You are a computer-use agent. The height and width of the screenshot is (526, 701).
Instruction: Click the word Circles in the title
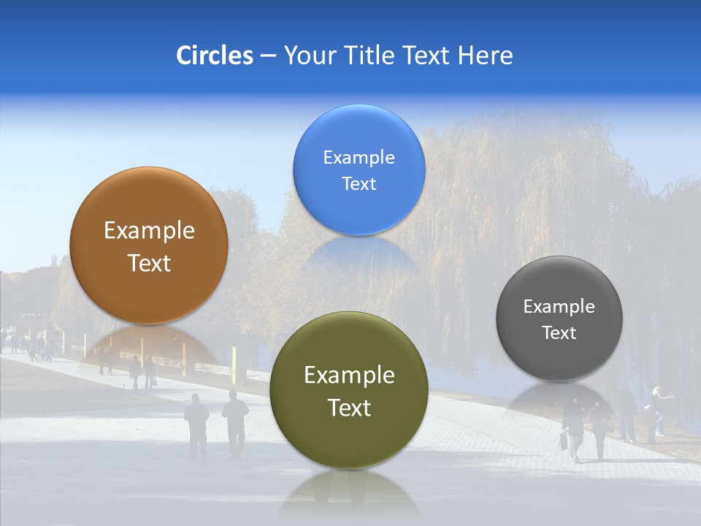pos(215,56)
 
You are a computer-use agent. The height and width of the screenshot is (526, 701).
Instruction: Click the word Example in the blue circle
pos(359,158)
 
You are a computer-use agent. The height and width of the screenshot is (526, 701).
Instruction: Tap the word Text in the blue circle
pos(359,184)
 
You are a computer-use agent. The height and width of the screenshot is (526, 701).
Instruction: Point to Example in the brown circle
pos(149,231)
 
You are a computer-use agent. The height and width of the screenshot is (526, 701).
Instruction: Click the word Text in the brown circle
pos(149,263)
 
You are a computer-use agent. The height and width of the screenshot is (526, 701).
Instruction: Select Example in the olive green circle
pos(348,376)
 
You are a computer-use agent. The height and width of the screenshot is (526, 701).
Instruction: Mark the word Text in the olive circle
pos(348,408)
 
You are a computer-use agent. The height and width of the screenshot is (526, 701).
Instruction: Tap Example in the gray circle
pos(559,307)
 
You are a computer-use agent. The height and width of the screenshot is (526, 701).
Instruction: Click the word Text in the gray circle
pos(559,333)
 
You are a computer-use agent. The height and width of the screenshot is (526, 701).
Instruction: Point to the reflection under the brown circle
pos(149,343)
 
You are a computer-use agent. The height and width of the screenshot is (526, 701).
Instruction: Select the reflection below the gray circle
pos(559,398)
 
